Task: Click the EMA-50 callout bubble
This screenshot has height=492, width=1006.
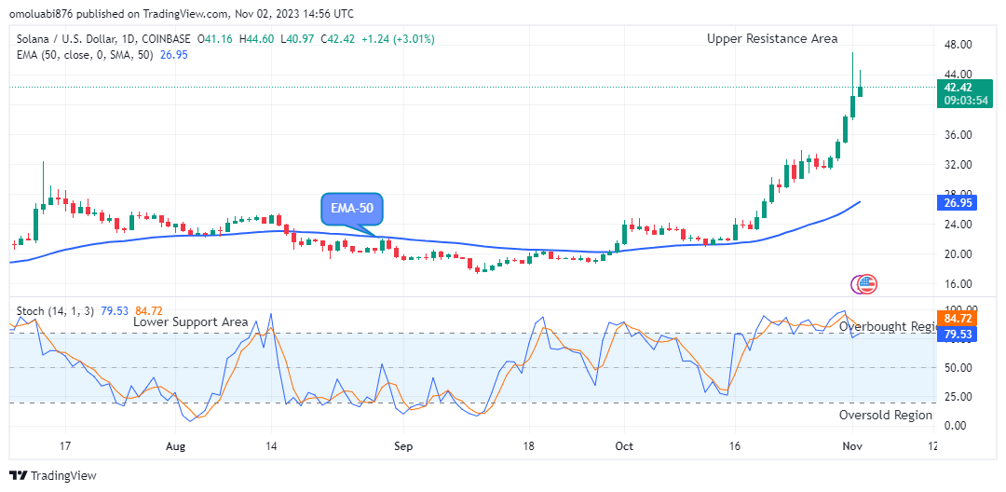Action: (x=352, y=209)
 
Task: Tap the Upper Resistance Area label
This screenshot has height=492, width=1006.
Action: (x=772, y=38)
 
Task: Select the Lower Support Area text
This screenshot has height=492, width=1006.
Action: (x=190, y=321)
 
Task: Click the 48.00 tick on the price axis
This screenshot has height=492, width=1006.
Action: (x=959, y=45)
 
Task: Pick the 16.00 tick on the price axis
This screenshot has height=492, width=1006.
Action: (x=959, y=284)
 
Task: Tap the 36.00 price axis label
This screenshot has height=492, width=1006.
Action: (x=959, y=135)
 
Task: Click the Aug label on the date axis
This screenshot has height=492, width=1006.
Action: (x=175, y=446)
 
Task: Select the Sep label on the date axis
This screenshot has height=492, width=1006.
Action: (x=402, y=446)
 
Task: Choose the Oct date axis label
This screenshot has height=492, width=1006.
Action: (x=624, y=446)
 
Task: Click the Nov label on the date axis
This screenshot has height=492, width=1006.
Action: (x=852, y=446)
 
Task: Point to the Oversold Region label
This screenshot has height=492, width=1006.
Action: (x=885, y=415)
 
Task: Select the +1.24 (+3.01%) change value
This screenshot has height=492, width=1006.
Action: (x=396, y=39)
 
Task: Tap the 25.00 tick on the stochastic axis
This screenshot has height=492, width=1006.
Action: (x=959, y=396)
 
